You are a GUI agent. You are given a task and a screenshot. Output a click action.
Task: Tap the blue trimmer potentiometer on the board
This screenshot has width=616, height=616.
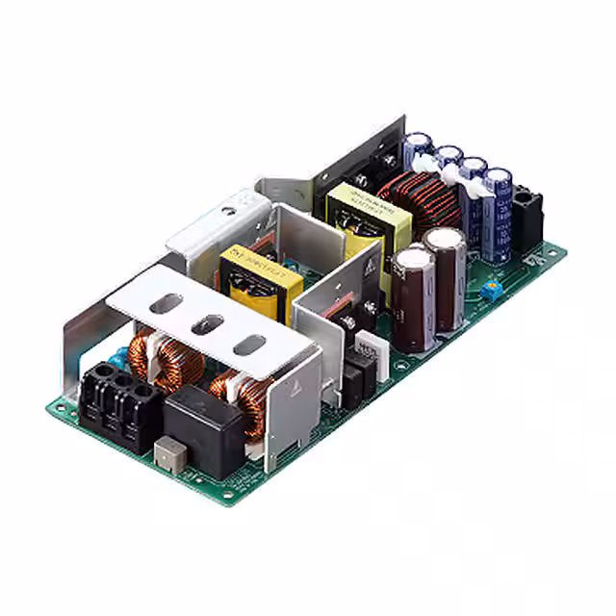pos(493,288)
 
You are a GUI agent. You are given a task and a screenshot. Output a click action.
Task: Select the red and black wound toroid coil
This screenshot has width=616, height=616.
pos(412,202)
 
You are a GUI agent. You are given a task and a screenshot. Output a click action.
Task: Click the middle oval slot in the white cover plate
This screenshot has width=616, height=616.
pos(208,325)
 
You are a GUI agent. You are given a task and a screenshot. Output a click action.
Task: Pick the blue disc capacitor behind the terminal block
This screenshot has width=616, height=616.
pos(117,358)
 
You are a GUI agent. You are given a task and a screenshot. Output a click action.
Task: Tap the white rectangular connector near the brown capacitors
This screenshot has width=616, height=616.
pos(369,343)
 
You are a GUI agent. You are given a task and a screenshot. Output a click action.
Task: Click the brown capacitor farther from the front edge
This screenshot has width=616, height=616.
pos(444,241)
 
